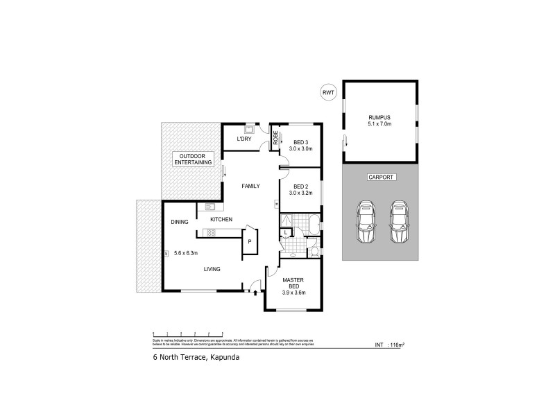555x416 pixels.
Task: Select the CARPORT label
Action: [380, 177]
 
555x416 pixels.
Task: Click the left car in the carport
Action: [365, 222]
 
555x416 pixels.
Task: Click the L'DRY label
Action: [244, 139]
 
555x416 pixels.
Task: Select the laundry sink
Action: [248, 128]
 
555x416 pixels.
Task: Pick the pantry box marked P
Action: [248, 241]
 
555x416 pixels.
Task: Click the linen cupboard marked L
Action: [287, 232]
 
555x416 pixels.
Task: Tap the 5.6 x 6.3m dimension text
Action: [187, 252]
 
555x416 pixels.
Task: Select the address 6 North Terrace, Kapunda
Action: [191, 360]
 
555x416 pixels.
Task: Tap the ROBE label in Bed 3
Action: [275, 137]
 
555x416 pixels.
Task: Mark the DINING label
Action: [180, 222]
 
